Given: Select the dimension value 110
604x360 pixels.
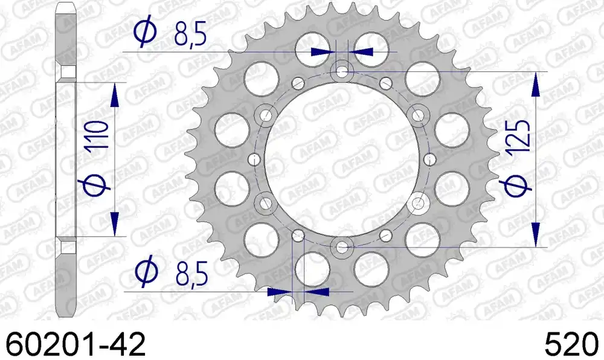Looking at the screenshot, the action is tap(95, 135).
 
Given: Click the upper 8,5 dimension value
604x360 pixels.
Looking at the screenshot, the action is tap(190, 34).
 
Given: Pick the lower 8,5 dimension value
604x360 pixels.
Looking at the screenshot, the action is tap(191, 275).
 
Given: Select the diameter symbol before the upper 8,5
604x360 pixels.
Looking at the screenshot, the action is tap(145, 33).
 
